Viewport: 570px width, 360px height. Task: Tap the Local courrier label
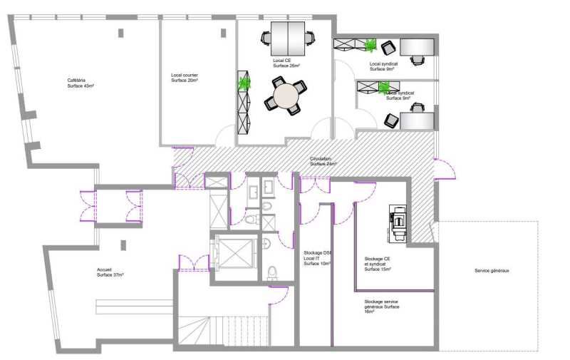185,78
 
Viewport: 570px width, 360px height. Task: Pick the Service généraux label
492,271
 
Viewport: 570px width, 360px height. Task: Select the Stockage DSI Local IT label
317,258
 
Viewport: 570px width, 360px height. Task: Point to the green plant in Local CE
245,84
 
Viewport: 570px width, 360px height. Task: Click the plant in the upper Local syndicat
370,46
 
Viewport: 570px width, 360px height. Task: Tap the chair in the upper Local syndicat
388,48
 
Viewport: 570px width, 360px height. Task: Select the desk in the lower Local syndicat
418,120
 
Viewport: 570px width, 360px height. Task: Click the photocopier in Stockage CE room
396,222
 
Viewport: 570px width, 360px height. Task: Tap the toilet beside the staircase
272,273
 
